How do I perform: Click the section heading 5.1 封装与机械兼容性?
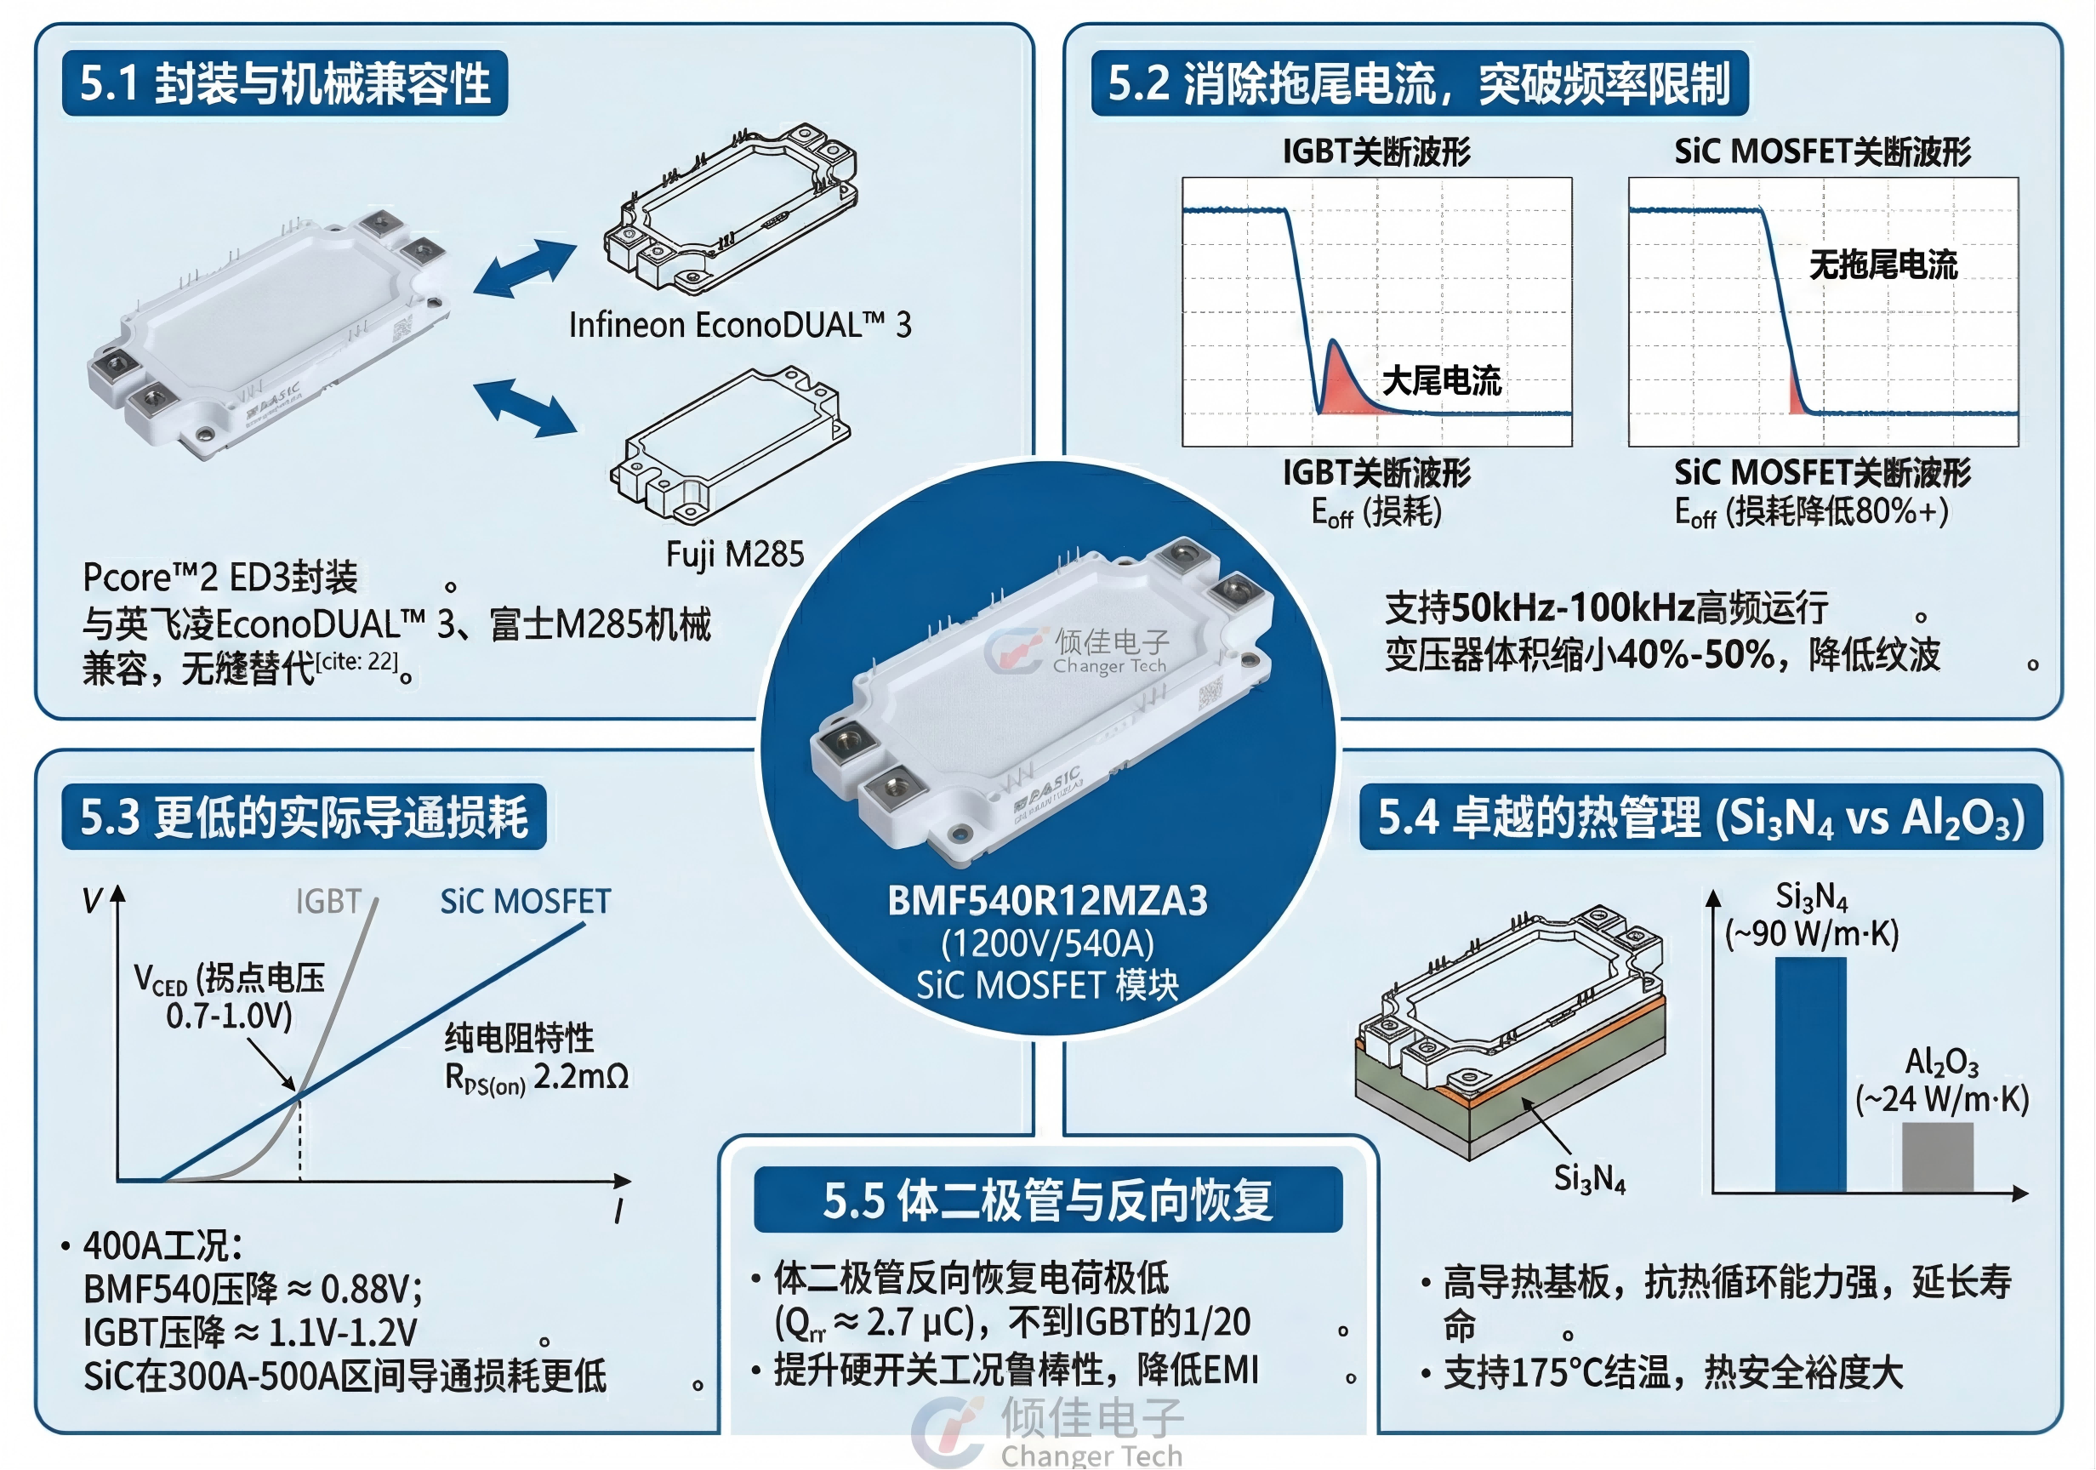(285, 83)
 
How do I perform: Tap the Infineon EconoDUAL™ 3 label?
(739, 325)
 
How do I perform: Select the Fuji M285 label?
(735, 554)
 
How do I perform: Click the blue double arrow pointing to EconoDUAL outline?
(525, 269)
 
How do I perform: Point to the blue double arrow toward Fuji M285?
(525, 407)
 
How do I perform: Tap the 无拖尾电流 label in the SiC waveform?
(1883, 265)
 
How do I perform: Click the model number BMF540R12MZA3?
(1047, 900)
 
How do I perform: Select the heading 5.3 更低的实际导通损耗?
(304, 817)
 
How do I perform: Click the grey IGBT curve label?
(328, 901)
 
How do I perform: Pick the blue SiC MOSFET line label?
(525, 901)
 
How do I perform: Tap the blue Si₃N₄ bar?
(1810, 1074)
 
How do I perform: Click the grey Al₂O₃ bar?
(1937, 1157)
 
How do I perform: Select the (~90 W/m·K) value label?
(1811, 933)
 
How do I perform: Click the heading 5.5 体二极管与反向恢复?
(1047, 1199)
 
